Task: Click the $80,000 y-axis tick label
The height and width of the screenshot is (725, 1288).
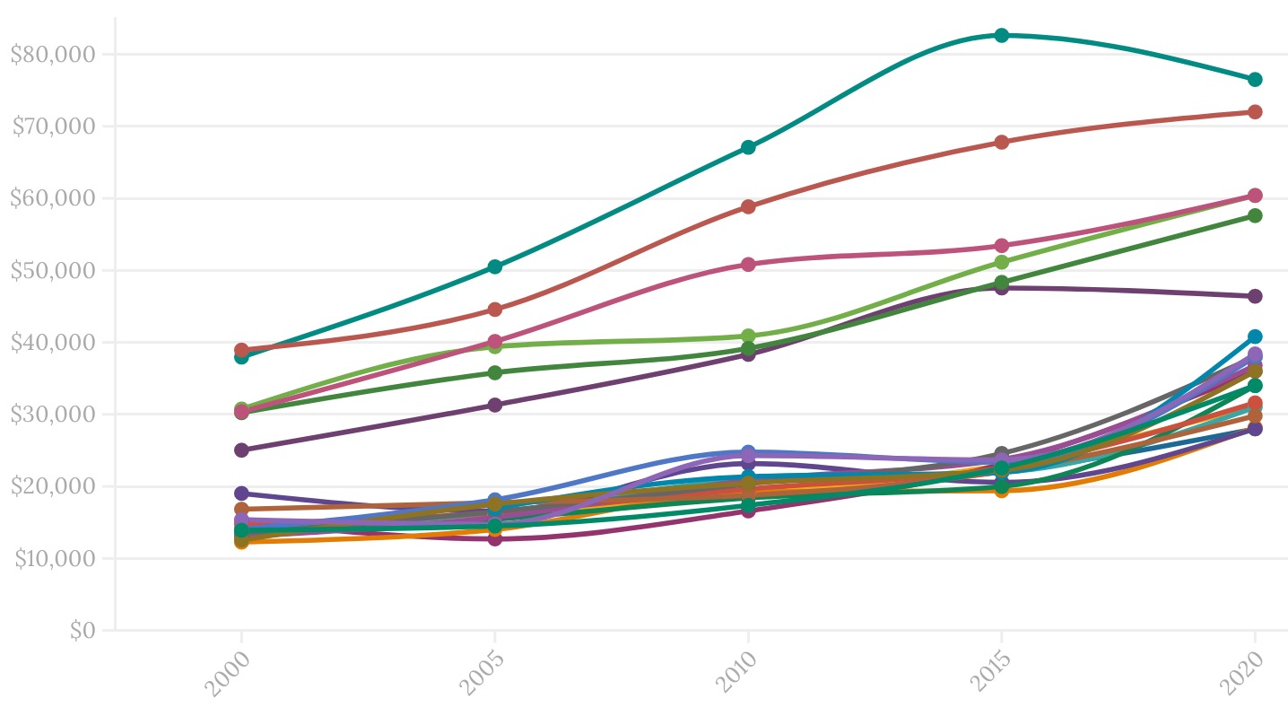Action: (53, 54)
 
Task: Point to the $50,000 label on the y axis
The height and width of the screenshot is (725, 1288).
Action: (53, 270)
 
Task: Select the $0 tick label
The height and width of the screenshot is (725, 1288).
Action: (83, 631)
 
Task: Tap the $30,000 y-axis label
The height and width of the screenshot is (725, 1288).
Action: (53, 415)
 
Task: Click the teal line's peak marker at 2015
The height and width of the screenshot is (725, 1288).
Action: (1002, 35)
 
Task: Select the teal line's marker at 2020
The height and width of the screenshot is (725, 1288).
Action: (1255, 79)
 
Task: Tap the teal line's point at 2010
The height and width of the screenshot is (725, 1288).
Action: (748, 147)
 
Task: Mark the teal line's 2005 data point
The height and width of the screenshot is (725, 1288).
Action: (495, 266)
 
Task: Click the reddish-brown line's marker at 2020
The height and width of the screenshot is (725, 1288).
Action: (1255, 112)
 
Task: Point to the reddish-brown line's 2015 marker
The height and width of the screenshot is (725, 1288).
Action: (1002, 142)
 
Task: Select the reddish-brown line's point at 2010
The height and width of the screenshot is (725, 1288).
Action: (748, 206)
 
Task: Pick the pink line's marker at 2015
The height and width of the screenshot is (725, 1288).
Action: (1002, 246)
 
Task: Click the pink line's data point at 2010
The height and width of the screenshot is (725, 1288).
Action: (748, 265)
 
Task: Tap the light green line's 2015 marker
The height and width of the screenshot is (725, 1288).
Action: (1002, 262)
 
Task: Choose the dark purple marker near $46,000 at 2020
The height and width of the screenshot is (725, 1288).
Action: (1255, 296)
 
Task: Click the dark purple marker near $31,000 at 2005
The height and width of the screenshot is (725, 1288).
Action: (495, 405)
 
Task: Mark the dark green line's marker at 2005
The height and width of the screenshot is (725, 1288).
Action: (495, 372)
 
